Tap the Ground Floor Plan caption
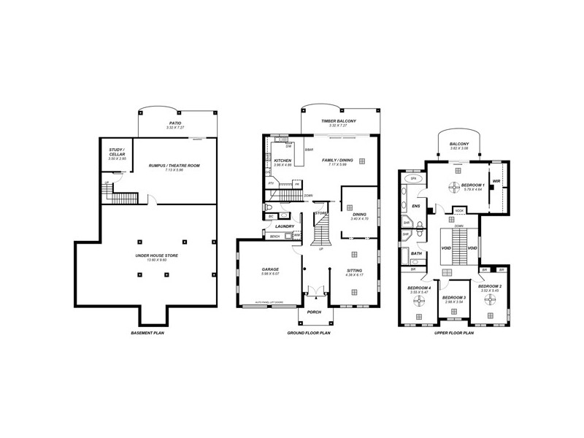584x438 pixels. [x=309, y=333]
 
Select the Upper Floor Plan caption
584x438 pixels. [x=453, y=333]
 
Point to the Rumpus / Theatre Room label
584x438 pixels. [x=174, y=166]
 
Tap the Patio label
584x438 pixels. [x=175, y=123]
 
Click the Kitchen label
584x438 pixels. [x=283, y=161]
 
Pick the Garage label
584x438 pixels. [x=271, y=269]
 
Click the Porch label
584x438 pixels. [x=315, y=312]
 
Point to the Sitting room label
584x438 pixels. [x=353, y=270]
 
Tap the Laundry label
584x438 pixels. [x=285, y=226]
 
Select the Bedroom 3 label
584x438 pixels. [x=454, y=297]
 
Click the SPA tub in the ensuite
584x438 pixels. [x=413, y=178]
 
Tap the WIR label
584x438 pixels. [x=496, y=181]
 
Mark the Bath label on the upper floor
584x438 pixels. [x=416, y=253]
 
